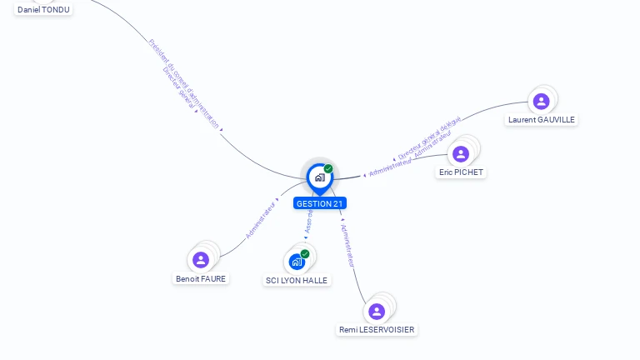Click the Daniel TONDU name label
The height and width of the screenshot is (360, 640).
[43, 9]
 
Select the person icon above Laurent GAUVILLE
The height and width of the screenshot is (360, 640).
[541, 102]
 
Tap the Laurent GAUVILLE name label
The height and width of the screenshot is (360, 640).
[542, 120]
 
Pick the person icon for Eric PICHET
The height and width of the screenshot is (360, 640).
[461, 154]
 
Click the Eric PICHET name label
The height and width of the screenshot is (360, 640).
[462, 172]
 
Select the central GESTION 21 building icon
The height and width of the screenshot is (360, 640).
[319, 177]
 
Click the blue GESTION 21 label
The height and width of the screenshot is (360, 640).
[320, 203]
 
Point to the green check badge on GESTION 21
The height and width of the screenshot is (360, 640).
[328, 168]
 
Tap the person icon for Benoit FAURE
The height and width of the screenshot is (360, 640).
[201, 260]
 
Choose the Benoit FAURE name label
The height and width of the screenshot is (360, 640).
[201, 278]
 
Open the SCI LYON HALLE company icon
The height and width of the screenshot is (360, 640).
[297, 262]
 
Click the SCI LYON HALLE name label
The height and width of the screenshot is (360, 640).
[297, 280]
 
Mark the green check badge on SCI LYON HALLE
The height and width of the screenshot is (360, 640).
[305, 253]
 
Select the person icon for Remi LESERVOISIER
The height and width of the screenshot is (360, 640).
[377, 312]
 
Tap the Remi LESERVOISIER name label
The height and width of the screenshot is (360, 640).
[377, 330]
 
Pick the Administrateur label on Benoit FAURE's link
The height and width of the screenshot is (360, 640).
[261, 220]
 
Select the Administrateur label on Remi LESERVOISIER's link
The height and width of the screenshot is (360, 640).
[349, 245]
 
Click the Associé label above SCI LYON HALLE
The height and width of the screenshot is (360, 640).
[307, 221]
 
